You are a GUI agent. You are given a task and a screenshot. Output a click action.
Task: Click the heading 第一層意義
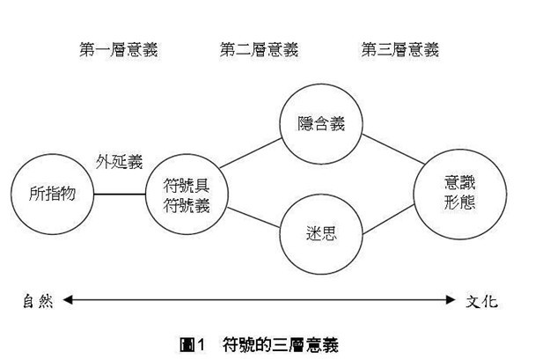click(119, 49)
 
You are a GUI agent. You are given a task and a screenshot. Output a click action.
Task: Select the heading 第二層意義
click(259, 49)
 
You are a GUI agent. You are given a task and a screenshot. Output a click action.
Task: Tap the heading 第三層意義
click(400, 49)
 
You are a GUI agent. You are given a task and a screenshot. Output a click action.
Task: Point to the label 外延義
click(119, 162)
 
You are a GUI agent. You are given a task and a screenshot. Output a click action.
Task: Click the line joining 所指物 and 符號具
click(120, 194)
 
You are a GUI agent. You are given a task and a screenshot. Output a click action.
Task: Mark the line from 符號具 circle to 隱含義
click(251, 153)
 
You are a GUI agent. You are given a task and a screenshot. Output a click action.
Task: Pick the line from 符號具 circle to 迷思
click(253, 217)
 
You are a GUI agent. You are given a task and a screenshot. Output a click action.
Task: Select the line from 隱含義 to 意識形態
click(393, 149)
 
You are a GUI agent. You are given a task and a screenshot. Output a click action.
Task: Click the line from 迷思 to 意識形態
click(388, 219)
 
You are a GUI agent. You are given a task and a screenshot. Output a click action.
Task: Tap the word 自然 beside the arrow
click(38, 301)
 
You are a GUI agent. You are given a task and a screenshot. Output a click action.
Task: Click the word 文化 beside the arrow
click(481, 301)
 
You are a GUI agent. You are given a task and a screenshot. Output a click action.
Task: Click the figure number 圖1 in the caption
click(192, 344)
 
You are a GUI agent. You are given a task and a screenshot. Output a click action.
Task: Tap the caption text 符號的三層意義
click(281, 344)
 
